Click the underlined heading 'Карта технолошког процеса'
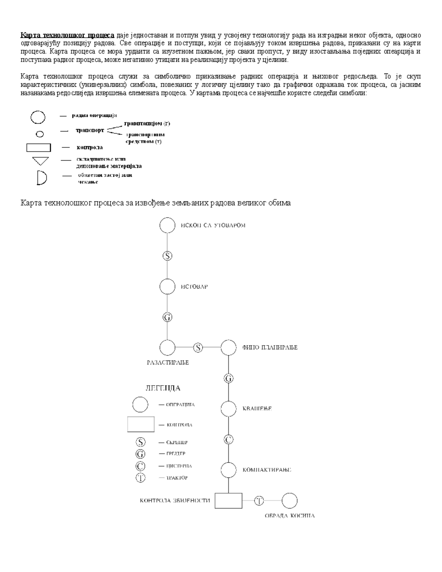pos(68,35)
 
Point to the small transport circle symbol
pos(39,133)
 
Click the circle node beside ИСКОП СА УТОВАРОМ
pos(167,225)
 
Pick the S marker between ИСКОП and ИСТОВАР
pos(167,256)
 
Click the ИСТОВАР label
pos(194,287)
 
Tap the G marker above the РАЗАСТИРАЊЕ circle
pos(167,317)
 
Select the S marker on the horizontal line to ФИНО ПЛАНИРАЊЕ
pos(198,347)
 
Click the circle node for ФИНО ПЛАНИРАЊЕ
pos(228,347)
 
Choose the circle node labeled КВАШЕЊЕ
pos(228,408)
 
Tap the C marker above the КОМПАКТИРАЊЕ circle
pos(228,439)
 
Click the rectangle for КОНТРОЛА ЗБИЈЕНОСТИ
pos(228,501)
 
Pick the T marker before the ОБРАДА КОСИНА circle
pos(259,501)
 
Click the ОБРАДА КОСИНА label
pos(290,516)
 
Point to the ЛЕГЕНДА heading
pos(163,388)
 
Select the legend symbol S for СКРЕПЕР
pos(141,442)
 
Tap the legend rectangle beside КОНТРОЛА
pos(141,424)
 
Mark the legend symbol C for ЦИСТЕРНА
pos(141,466)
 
